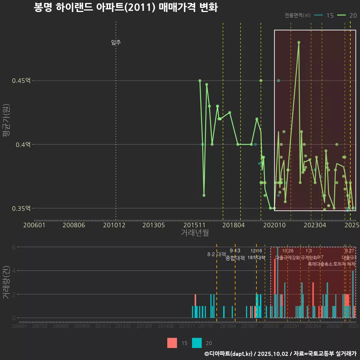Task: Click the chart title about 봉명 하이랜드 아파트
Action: (x=126, y=7)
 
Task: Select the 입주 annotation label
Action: (x=116, y=42)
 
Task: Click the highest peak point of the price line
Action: (x=299, y=42)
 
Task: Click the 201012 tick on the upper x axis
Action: (x=114, y=225)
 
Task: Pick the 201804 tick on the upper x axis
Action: (x=234, y=225)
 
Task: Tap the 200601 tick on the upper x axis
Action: (x=34, y=225)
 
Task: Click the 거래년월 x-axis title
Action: (x=195, y=232)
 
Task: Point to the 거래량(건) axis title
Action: (x=6, y=282)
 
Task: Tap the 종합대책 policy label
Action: (x=235, y=258)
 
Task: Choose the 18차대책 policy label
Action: (x=256, y=258)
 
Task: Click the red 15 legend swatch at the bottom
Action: (x=172, y=343)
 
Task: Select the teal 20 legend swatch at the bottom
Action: (x=197, y=343)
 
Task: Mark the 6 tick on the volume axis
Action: (x=13, y=247)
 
